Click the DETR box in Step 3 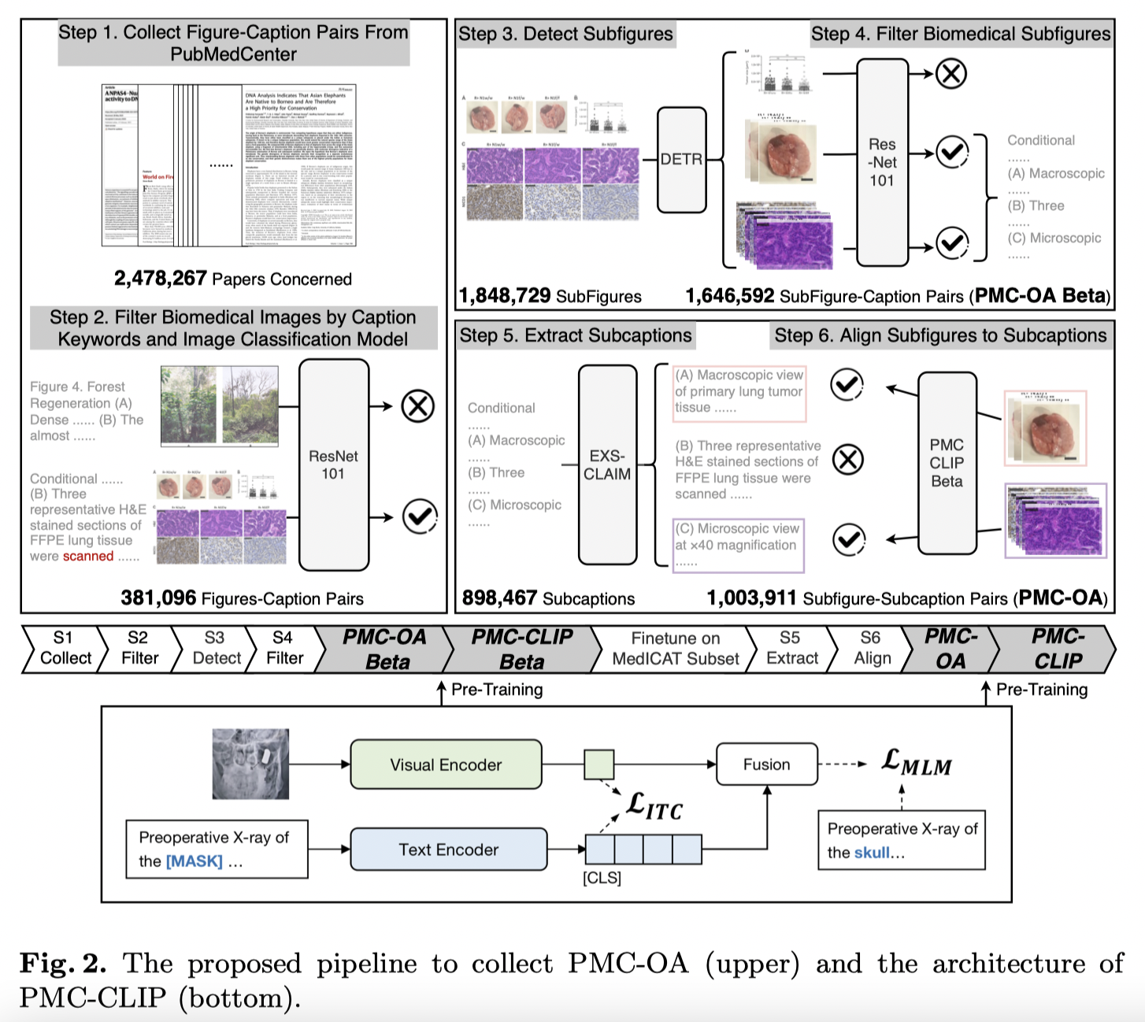coord(681,160)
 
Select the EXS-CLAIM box coord(607,465)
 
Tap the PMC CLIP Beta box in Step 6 coord(947,463)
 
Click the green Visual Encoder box coord(446,765)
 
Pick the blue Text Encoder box coord(448,850)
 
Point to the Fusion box coord(766,765)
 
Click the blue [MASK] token coord(194,861)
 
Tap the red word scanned coord(88,556)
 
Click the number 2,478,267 coord(160,279)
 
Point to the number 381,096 coord(158,598)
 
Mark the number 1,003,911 coord(751,598)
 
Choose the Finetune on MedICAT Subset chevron coord(675,649)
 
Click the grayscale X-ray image coord(250,764)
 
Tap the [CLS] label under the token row coord(602,877)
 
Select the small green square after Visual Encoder coord(598,765)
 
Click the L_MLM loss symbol coord(917,762)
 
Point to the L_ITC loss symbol coord(654,805)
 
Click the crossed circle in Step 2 coord(417,406)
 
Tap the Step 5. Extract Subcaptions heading coord(576,335)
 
